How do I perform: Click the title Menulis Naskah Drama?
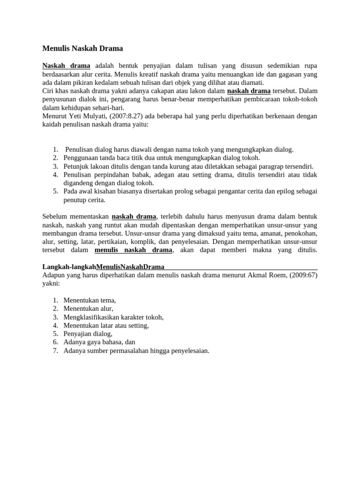83,48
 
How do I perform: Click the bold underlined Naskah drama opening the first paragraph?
66,66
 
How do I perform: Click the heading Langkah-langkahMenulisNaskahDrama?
103,267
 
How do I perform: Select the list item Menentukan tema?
90,300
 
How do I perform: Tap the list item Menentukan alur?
88,308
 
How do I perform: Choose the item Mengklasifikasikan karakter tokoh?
113,317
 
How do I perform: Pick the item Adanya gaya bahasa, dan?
99,342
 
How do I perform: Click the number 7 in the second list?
55,351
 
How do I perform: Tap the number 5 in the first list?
55,191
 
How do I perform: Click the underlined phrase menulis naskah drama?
134,250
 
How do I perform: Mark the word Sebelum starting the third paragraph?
55,217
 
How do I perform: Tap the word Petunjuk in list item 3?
75,166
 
